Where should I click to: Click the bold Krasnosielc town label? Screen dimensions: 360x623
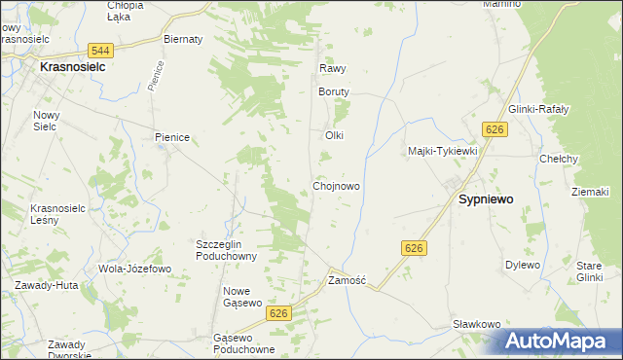[x=72, y=69]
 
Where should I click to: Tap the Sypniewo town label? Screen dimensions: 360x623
[x=486, y=198]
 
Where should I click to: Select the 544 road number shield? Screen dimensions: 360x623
[x=97, y=50]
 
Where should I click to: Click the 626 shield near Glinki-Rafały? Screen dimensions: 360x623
[x=495, y=130]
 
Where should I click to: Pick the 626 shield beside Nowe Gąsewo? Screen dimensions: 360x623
[x=279, y=312]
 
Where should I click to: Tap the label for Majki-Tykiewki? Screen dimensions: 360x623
[x=442, y=151]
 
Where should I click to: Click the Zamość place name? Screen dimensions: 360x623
[x=347, y=280]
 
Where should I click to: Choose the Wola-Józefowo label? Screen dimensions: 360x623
[x=134, y=269]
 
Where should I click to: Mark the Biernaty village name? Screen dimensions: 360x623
[x=183, y=40]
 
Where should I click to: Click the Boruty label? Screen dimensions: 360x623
[x=334, y=91]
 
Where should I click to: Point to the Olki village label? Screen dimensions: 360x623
[x=335, y=135]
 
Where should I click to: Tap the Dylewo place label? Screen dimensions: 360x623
[x=522, y=265]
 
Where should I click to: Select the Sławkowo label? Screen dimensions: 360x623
[x=476, y=324]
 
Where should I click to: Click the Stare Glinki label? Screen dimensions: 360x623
[x=590, y=271]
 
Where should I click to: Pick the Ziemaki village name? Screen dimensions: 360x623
[x=590, y=192]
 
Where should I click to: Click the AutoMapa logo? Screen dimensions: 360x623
[x=560, y=341]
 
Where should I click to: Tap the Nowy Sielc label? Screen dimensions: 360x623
[x=47, y=120]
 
